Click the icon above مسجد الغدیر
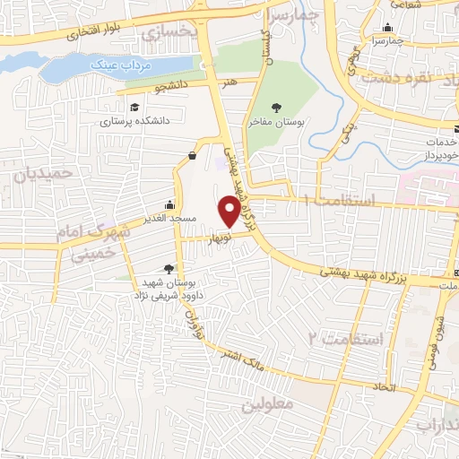click(x=170, y=204)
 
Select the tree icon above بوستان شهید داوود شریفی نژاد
click(x=169, y=268)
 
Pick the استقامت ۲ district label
click(x=344, y=339)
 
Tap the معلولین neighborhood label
click(x=267, y=405)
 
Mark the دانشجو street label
click(x=174, y=88)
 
